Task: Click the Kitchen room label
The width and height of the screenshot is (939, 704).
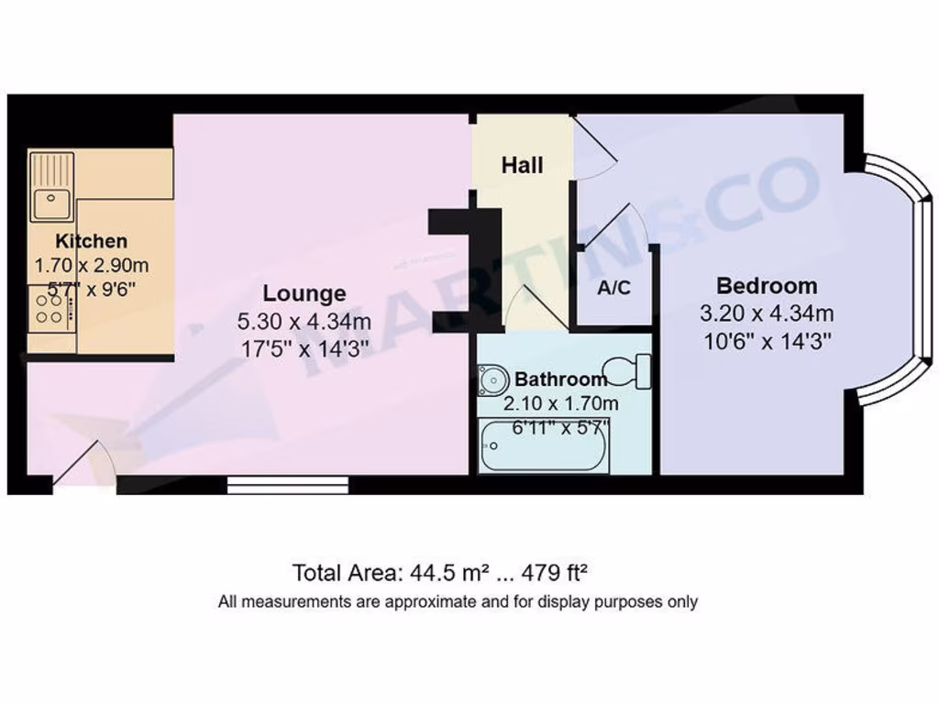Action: (92, 242)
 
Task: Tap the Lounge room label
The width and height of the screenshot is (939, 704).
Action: (304, 293)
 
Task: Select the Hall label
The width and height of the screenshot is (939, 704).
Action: (522, 165)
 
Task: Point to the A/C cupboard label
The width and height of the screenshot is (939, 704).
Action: (613, 288)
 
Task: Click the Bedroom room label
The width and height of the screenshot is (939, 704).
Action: (767, 285)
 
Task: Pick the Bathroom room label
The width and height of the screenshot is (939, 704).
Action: (560, 379)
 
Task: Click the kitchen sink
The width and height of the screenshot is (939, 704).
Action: (51, 187)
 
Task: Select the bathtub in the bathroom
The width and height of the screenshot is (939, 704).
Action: (543, 445)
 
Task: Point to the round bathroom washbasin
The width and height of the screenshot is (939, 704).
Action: (492, 378)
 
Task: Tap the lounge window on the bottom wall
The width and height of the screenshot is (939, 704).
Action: (288, 483)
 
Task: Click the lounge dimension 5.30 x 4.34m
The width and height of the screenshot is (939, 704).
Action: (304, 322)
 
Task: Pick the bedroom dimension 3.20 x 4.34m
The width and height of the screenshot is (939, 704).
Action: (767, 313)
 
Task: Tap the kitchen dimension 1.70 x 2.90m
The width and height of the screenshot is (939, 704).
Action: (91, 266)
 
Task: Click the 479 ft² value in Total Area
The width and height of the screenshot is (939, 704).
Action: (554, 574)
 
